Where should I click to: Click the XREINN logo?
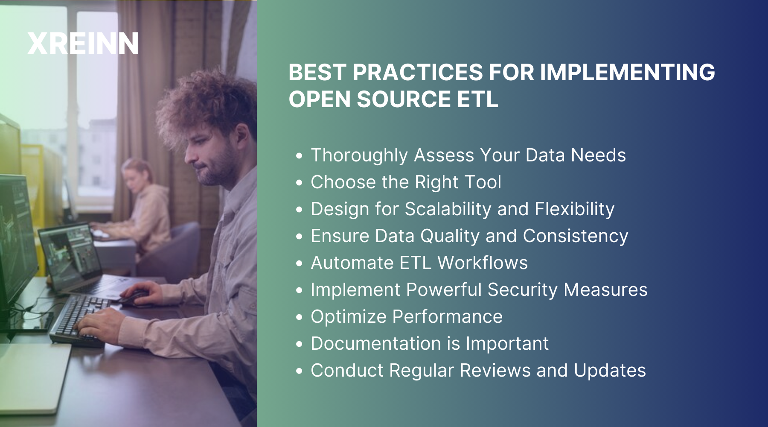[83, 44]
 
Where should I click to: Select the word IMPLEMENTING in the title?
[627, 72]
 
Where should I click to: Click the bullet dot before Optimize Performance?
[299, 317]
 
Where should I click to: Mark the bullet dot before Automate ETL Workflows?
[299, 263]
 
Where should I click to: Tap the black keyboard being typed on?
[79, 318]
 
